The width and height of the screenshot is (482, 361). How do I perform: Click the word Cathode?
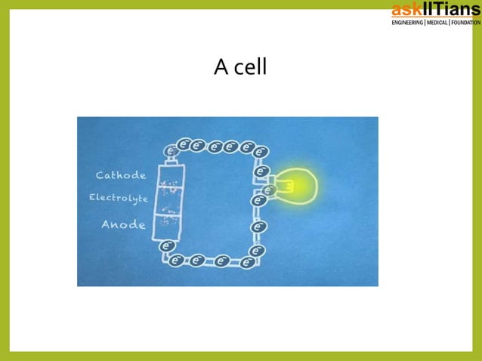click(x=121, y=175)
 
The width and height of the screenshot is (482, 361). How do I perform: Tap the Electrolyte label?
click(x=119, y=198)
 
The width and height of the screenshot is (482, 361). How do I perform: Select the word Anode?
click(x=123, y=224)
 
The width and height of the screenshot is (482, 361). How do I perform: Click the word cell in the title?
click(x=250, y=68)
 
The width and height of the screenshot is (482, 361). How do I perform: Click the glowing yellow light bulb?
click(x=300, y=186)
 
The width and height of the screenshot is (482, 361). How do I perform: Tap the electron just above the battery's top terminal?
click(x=171, y=151)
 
